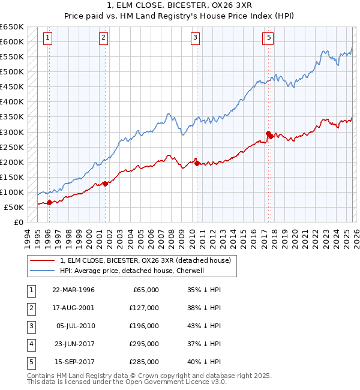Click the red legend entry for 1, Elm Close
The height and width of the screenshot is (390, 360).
tap(149, 260)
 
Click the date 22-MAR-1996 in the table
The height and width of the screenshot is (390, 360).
tap(73, 289)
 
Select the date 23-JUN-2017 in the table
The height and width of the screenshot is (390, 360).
tap(73, 344)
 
